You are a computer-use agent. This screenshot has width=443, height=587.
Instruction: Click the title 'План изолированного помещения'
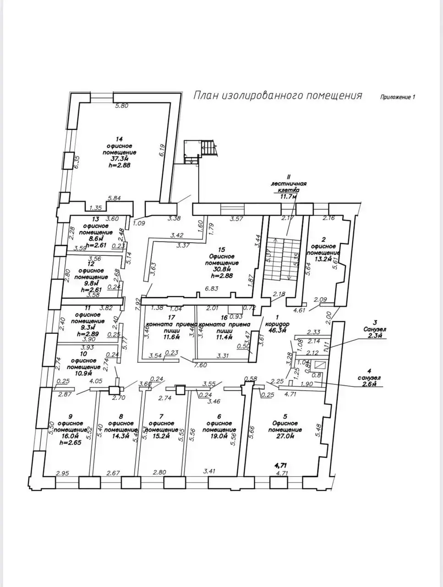(277, 95)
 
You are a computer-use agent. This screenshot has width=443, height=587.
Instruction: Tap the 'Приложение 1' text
(397, 97)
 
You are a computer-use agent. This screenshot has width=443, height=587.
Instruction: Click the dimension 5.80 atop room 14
(122, 106)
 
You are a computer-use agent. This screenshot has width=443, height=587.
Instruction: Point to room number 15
(222, 250)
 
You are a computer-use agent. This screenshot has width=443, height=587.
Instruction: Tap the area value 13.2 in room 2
(323, 259)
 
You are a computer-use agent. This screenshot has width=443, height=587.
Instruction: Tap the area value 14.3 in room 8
(120, 436)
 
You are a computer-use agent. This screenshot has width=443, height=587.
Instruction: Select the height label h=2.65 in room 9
(70, 443)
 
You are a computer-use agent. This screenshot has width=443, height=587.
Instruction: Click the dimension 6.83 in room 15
(211, 288)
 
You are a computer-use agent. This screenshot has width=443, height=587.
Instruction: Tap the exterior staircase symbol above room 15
(208, 149)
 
